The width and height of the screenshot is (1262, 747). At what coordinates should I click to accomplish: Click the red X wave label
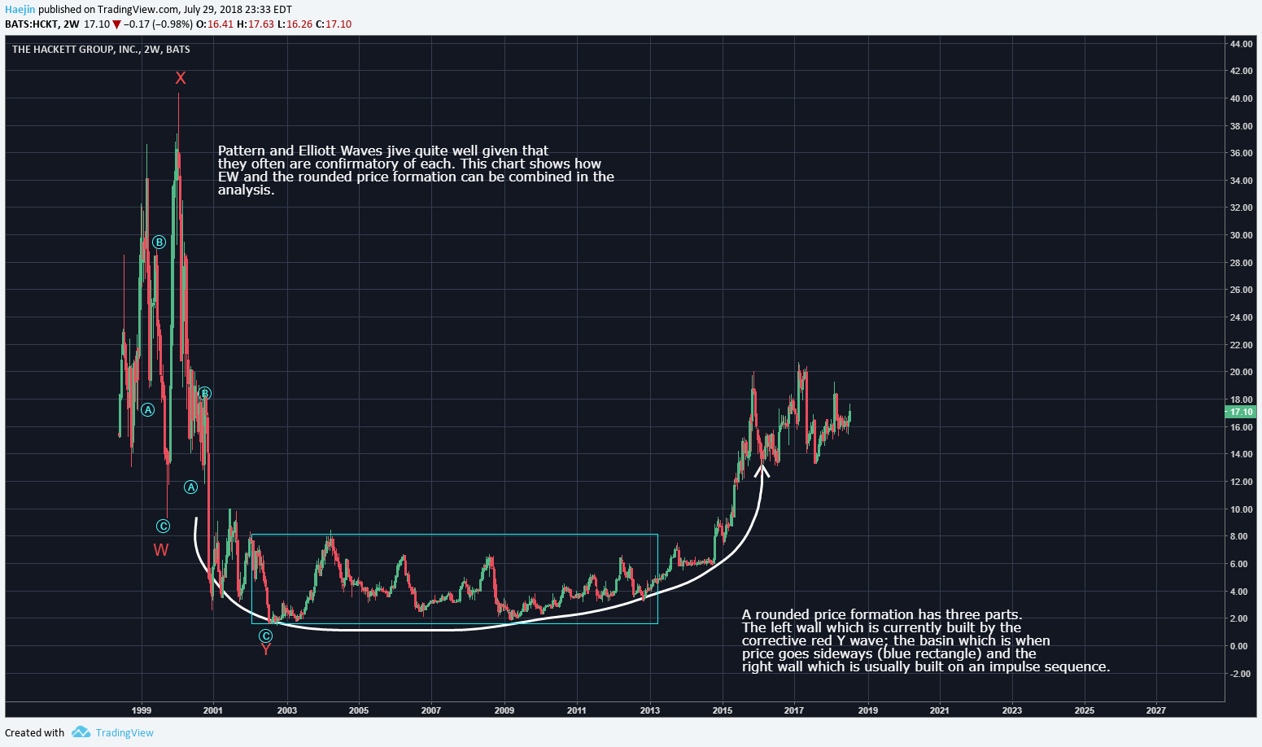point(181,78)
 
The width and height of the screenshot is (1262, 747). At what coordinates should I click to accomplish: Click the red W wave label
point(161,550)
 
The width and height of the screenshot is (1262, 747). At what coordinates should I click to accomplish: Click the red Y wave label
point(266,649)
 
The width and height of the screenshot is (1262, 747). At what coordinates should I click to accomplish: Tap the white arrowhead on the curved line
point(762,468)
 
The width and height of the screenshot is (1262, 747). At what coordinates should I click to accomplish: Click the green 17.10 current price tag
point(1241,413)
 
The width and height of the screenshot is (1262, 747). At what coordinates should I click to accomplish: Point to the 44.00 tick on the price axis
point(1241,44)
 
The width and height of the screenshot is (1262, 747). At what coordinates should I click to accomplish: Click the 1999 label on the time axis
point(142,710)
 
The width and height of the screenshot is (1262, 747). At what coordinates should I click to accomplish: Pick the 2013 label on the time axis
point(649,710)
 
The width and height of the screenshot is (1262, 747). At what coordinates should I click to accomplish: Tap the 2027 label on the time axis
point(1155,710)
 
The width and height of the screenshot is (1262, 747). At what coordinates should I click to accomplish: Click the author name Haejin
point(20,10)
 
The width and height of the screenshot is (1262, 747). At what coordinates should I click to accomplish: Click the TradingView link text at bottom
point(124,732)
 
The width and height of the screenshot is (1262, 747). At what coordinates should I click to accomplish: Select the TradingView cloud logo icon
point(81,732)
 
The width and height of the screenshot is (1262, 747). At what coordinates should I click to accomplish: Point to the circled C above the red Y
point(266,636)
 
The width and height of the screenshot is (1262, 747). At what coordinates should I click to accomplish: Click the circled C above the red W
point(163,526)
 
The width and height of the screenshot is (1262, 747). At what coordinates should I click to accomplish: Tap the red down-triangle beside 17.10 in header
point(116,24)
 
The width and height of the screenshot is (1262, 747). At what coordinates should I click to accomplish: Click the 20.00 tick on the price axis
point(1241,373)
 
